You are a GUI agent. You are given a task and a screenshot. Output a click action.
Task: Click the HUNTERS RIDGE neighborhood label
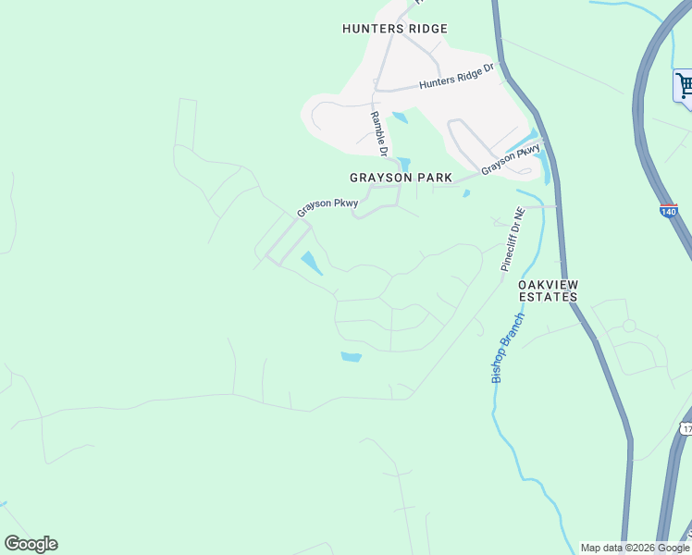pyautogui.click(x=394, y=29)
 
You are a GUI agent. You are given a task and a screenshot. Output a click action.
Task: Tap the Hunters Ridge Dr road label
pyautogui.click(x=457, y=76)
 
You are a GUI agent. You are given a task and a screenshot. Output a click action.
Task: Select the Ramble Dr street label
pyautogui.click(x=378, y=132)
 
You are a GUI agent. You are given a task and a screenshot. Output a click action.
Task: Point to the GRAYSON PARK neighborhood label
pyautogui.click(x=401, y=177)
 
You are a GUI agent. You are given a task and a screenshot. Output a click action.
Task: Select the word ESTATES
pyautogui.click(x=548, y=297)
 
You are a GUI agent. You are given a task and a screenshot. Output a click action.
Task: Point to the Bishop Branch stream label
pyautogui.click(x=507, y=348)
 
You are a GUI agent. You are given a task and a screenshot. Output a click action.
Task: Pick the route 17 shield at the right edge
pyautogui.click(x=686, y=428)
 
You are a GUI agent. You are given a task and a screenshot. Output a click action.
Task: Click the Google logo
pyautogui.click(x=31, y=544)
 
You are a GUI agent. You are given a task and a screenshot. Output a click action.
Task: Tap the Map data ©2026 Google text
pyautogui.click(x=635, y=548)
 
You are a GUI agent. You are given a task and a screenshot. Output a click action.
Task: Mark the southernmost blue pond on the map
pyautogui.click(x=352, y=357)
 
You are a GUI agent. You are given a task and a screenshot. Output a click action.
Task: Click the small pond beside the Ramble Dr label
pyautogui.click(x=400, y=117)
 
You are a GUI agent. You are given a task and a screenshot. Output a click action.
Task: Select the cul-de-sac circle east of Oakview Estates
pyautogui.click(x=629, y=326)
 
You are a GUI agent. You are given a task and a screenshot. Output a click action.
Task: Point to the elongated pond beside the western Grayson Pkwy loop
pyautogui.click(x=312, y=263)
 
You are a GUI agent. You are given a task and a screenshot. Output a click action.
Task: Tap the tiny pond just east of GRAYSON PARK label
pyautogui.click(x=466, y=193)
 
